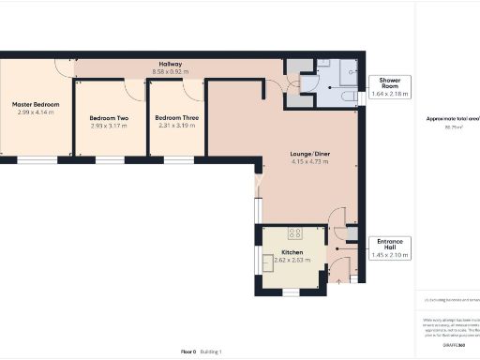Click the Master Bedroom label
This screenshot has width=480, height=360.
coord(36,103)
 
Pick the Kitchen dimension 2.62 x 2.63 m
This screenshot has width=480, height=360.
coord(292,261)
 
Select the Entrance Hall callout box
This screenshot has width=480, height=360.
coord(390,247)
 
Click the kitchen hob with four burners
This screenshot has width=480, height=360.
coord(294,233)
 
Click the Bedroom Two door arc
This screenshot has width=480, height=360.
coord(135,88)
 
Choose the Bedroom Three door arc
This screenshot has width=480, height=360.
coord(193,90)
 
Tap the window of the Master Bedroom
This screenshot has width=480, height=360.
coord(37,160)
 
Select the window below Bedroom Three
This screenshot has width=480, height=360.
coord(177,160)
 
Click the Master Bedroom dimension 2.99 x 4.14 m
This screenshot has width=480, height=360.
coord(36,112)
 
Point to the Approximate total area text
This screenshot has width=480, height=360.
coord(452,119)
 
